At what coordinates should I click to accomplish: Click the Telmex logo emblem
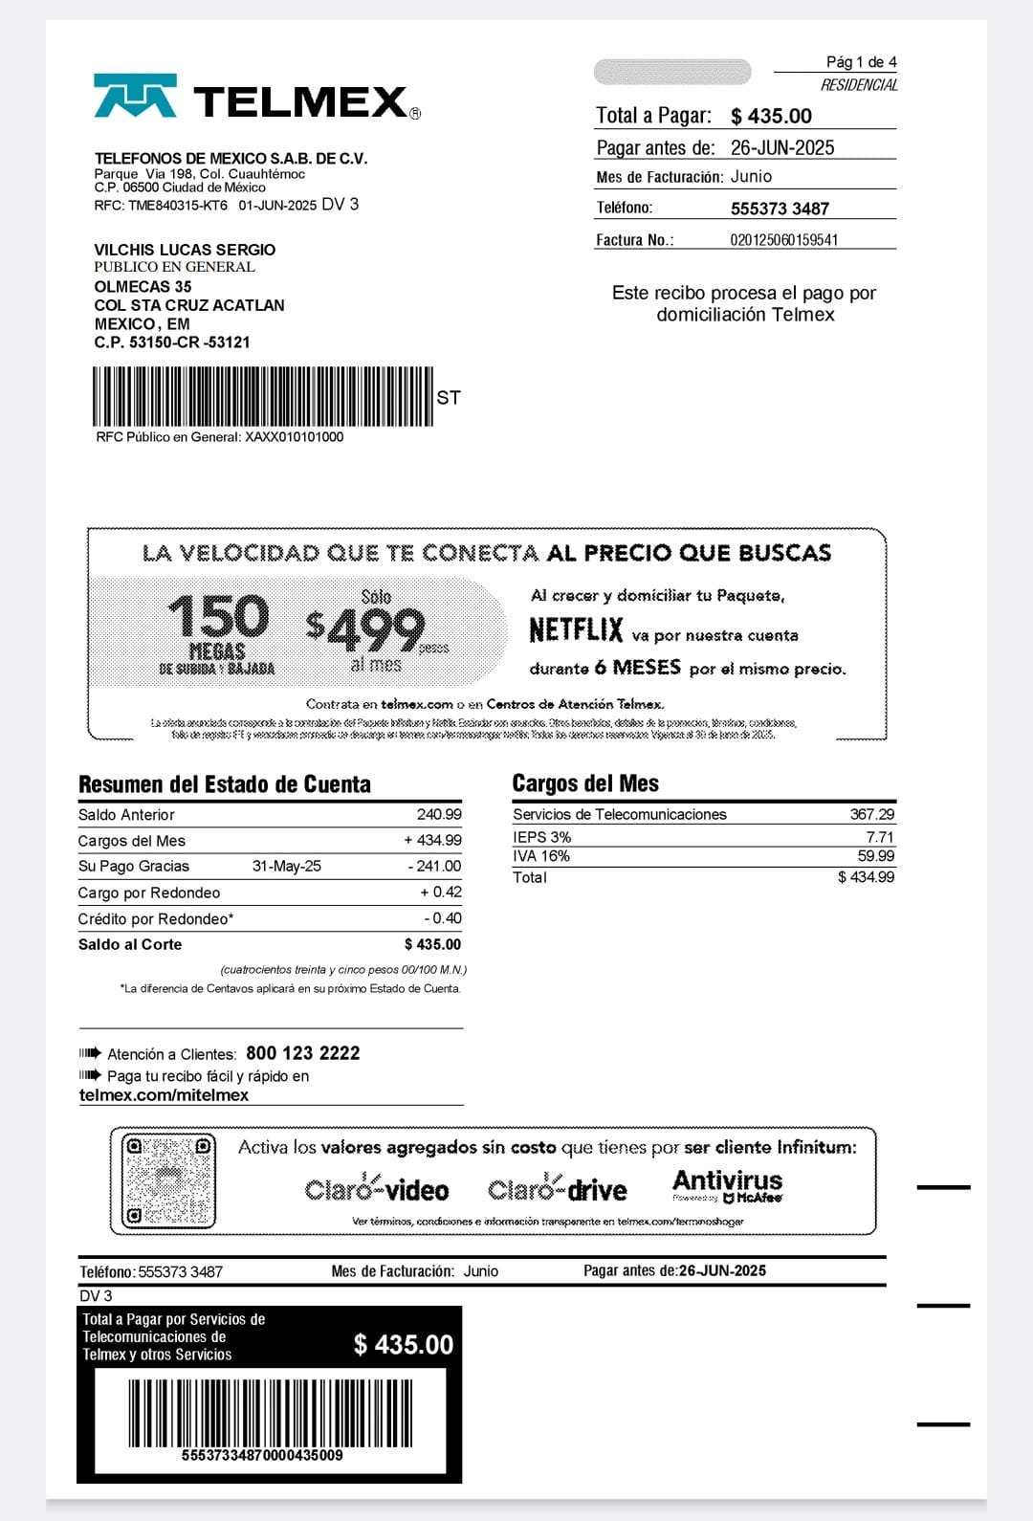pyautogui.click(x=135, y=96)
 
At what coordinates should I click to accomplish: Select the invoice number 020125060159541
pyautogui.click(x=783, y=240)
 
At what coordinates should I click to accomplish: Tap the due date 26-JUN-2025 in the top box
pyautogui.click(x=782, y=148)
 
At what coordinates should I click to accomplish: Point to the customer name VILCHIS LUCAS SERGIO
pyautogui.click(x=185, y=250)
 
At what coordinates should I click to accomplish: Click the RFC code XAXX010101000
pyautogui.click(x=294, y=437)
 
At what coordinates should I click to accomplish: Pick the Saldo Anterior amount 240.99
pyautogui.click(x=439, y=815)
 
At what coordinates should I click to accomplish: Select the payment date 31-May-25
pyautogui.click(x=287, y=867)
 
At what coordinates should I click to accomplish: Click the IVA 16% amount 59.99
pyautogui.click(x=875, y=856)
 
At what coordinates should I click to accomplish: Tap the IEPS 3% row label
pyautogui.click(x=541, y=837)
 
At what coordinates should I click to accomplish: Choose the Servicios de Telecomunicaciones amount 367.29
pyautogui.click(x=872, y=814)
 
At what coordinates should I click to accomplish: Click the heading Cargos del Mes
pyautogui.click(x=585, y=783)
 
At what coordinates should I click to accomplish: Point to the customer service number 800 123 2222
pyautogui.click(x=303, y=1053)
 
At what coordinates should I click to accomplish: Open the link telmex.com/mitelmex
pyautogui.click(x=164, y=1095)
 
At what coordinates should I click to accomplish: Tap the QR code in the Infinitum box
pyautogui.click(x=168, y=1180)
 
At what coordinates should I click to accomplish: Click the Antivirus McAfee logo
pyautogui.click(x=727, y=1185)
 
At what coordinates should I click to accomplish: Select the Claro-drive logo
pyautogui.click(x=558, y=1189)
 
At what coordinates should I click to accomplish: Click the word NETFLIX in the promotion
pyautogui.click(x=576, y=631)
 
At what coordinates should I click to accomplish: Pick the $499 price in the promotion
pyautogui.click(x=366, y=628)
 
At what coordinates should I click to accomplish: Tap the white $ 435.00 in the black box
pyautogui.click(x=404, y=1345)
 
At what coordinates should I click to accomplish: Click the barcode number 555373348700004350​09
pyautogui.click(x=262, y=1455)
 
